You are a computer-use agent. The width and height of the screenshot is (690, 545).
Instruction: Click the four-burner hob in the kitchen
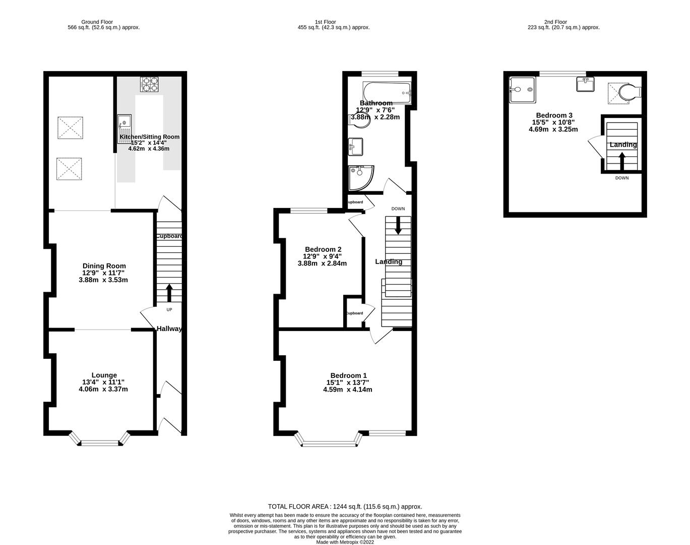149,84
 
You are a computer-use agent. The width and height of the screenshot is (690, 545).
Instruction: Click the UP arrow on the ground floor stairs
169,293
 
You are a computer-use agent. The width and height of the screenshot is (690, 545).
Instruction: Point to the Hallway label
169,329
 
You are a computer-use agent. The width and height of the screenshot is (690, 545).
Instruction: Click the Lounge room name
104,375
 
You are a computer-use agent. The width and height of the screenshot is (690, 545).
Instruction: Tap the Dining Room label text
104,266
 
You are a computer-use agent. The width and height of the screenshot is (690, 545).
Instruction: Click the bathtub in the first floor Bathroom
387,92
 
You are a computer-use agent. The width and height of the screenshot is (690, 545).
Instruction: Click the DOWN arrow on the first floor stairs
398,225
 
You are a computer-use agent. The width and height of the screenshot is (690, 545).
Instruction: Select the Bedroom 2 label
323,249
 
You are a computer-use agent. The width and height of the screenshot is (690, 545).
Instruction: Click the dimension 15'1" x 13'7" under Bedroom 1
347,383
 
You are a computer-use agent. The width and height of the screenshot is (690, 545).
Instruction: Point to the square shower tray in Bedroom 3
521,89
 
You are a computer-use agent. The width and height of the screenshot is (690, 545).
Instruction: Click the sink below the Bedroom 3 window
585,84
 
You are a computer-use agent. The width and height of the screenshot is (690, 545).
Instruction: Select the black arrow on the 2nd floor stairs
621,161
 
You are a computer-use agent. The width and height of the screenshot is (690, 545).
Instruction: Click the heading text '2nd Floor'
555,22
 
